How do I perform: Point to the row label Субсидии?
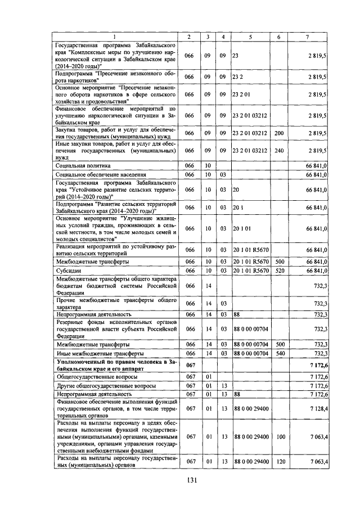pyautogui.click(x=67, y=271)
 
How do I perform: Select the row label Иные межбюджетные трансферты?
pyautogui.click(x=96, y=353)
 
